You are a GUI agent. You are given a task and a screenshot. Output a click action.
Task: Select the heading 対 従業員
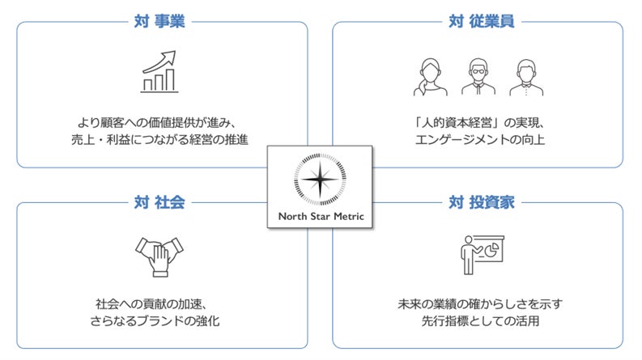coord(480,21)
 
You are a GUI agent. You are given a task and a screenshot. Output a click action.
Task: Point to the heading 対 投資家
coord(480,201)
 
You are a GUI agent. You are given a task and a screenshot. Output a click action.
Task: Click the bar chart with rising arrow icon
coord(159,71)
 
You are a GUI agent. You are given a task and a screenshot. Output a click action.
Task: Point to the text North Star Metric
coord(321,216)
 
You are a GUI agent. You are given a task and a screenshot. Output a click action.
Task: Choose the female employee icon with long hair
coord(429,77)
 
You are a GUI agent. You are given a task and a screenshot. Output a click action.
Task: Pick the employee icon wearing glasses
coord(478,77)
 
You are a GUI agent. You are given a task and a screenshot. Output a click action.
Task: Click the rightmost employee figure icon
coord(527,77)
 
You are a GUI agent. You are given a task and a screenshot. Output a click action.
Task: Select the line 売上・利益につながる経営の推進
coord(159,141)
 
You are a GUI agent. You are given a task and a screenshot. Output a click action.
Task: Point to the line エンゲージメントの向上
coord(479,141)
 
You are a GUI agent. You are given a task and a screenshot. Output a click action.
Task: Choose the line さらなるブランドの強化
coord(159,321)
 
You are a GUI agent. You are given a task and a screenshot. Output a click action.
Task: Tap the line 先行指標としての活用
coord(479,321)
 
